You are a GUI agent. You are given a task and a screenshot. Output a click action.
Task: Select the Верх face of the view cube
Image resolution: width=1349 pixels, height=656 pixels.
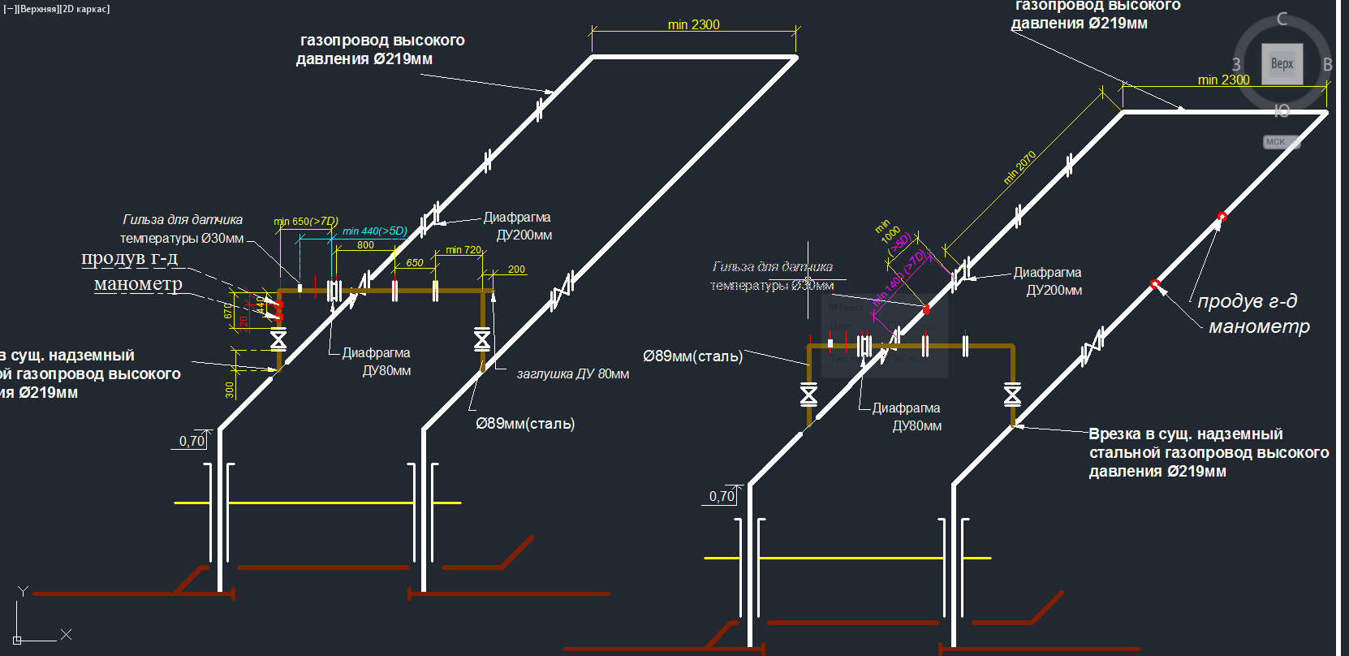coord(1282,64)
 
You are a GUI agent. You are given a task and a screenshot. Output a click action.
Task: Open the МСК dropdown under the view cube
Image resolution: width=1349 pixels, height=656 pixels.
coord(1281,142)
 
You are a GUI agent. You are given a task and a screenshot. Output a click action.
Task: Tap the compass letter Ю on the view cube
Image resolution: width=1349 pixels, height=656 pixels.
coord(1282,110)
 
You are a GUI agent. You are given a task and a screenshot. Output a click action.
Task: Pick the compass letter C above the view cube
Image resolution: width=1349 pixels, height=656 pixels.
coord(1282,19)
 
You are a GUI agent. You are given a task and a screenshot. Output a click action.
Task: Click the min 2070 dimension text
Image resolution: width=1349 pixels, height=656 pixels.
coord(1020,167)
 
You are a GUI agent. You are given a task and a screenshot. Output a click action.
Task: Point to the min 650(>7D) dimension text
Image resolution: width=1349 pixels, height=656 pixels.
coord(306,221)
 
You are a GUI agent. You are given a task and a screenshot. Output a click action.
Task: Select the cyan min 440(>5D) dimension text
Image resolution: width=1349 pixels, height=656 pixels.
coord(374,231)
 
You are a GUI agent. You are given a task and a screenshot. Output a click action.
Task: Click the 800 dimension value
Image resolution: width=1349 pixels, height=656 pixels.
coord(365,245)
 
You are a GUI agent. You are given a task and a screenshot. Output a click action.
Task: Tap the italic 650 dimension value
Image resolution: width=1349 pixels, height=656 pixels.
coord(415,263)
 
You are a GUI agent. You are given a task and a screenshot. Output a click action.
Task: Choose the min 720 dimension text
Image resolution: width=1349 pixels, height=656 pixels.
coord(463,250)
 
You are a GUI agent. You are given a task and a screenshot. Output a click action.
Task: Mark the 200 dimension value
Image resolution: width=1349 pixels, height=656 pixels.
coord(516,270)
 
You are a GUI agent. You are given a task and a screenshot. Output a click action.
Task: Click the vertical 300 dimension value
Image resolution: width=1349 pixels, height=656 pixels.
coord(230,390)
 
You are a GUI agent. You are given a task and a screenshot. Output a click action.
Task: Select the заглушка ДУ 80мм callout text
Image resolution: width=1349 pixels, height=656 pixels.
coord(573,374)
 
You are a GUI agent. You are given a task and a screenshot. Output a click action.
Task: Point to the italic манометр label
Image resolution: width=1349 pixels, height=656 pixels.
coord(1259,326)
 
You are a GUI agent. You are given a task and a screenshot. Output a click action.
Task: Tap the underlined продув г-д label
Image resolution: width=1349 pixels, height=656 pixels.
coord(129,258)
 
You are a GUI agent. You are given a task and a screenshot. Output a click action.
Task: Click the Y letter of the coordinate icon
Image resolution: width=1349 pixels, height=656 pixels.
coord(23,592)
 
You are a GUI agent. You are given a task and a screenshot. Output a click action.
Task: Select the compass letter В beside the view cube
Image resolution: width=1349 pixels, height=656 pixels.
coord(1328,65)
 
